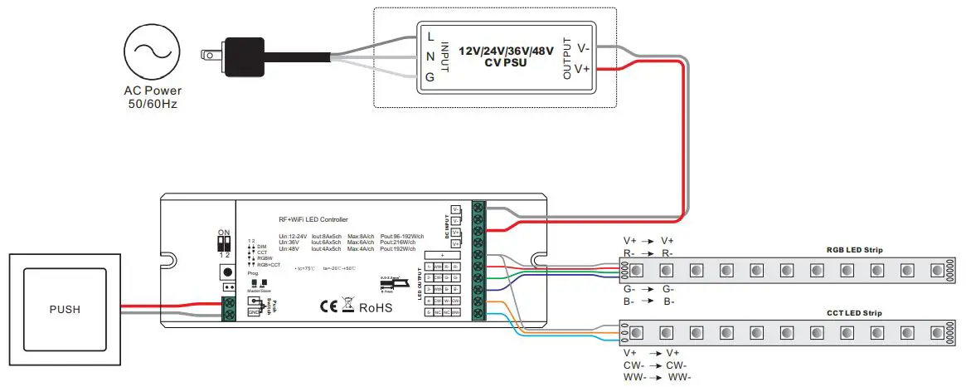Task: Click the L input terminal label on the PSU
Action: (x=430, y=37)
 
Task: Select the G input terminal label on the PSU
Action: (x=430, y=76)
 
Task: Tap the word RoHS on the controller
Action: (x=375, y=306)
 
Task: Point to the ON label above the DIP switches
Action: (x=222, y=233)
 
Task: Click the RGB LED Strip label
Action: (x=854, y=249)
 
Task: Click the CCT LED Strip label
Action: (x=854, y=313)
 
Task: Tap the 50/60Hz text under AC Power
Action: (x=153, y=105)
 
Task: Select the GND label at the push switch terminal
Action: (x=253, y=311)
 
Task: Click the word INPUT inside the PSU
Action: (x=444, y=56)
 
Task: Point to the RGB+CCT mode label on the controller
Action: (x=269, y=265)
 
